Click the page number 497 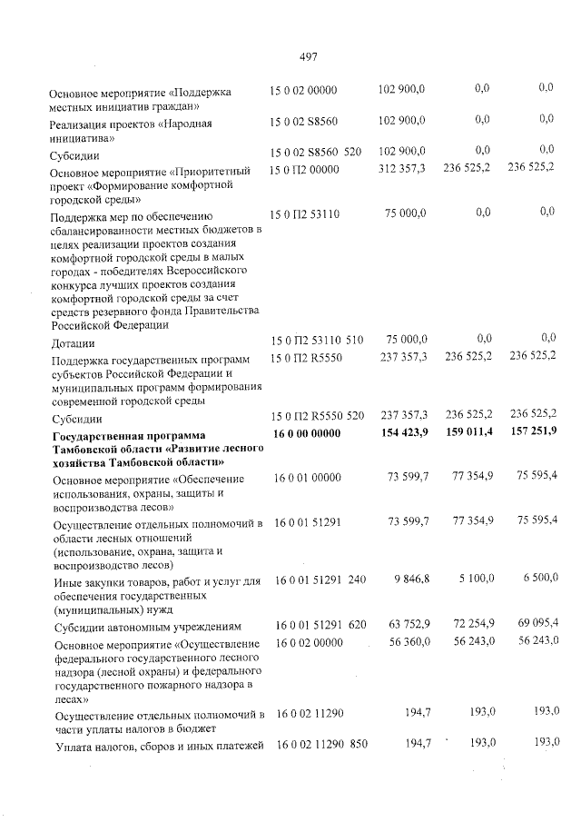(x=307, y=57)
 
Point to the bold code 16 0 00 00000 (x=307, y=434)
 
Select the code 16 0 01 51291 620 (x=316, y=626)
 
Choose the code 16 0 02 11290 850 (x=316, y=745)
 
